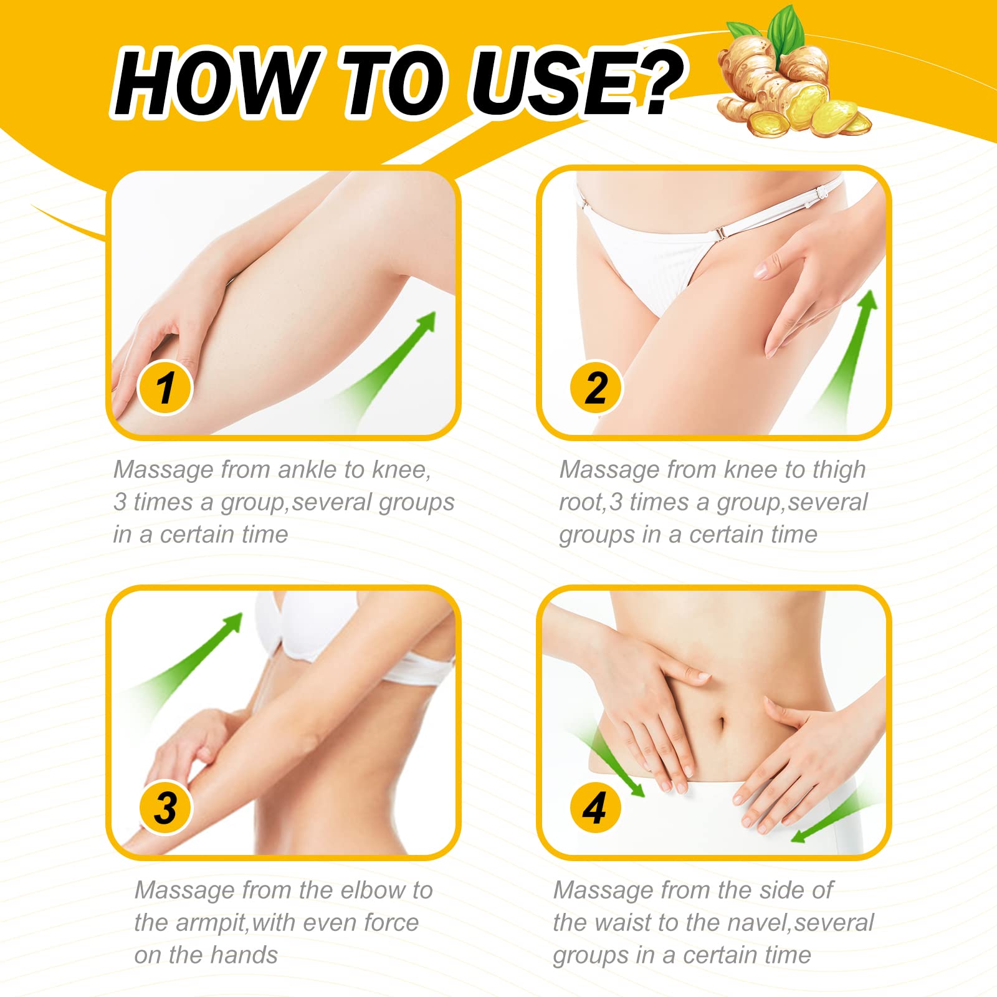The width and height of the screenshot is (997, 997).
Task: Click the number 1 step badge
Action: [165, 388]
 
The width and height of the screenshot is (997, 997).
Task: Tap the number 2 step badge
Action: [596, 388]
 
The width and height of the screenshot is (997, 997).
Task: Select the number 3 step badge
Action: [166, 808]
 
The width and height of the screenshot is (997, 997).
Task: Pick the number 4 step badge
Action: [595, 808]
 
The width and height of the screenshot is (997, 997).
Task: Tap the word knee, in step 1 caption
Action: [401, 470]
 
